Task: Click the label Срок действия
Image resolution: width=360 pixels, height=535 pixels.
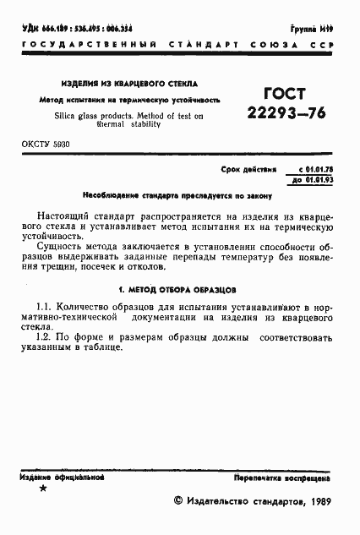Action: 248,169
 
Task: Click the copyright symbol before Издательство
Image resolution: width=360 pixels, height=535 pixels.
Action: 177,501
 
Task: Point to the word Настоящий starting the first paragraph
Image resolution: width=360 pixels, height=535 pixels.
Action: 67,217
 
